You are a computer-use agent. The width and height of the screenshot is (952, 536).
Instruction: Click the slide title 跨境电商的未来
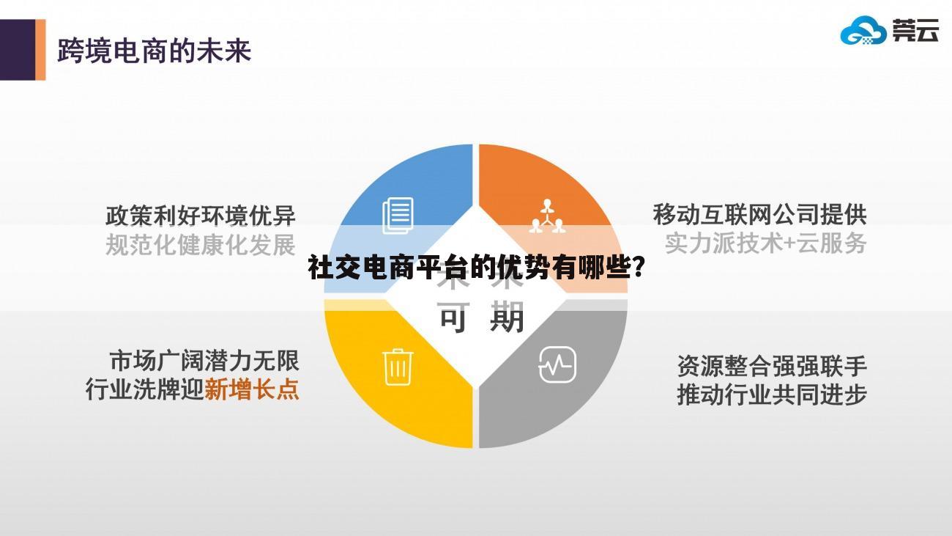pos(154,51)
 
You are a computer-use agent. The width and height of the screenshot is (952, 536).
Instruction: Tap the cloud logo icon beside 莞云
pos(863,32)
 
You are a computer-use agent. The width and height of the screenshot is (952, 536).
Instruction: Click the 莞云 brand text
pos(915,31)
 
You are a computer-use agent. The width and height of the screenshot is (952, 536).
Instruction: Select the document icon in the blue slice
pos(398,216)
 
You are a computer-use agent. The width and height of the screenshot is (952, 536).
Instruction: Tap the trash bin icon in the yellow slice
pos(398,366)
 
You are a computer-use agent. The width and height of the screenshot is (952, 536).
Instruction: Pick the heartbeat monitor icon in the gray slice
pos(557,364)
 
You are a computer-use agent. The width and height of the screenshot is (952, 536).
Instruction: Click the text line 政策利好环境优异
pos(201,216)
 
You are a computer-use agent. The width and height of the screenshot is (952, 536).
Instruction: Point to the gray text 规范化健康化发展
pos(201,245)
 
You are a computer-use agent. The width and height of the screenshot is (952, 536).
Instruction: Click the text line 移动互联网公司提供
pos(759,215)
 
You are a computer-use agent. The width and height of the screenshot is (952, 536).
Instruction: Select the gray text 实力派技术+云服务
pos(765,243)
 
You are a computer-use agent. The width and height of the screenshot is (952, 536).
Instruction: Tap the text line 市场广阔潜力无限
pos(204,360)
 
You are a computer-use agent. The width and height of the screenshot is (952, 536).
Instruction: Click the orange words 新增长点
pos(252,389)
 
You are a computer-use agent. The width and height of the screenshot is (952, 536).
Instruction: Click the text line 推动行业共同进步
pos(772,394)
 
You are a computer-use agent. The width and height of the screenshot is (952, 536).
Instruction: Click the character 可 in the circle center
pos(453,319)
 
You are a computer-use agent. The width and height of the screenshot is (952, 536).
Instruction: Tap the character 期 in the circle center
pos(507,319)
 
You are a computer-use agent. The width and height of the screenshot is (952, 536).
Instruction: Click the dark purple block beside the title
pos(17,50)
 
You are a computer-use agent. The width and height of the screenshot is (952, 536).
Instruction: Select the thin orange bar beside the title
pos(40,50)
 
